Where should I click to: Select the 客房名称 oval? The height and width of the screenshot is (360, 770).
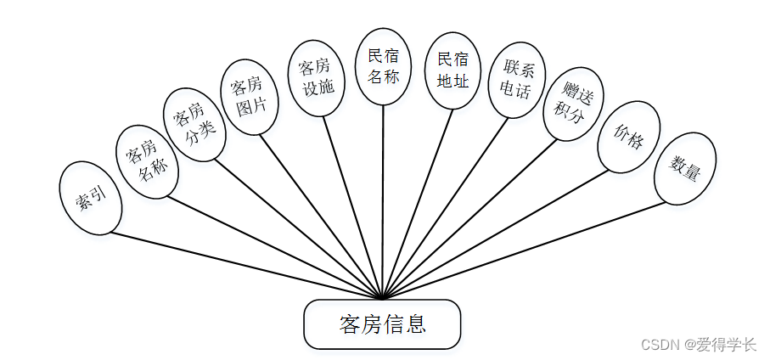[145, 161]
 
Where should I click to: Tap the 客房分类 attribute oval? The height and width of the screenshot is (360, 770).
[194, 125]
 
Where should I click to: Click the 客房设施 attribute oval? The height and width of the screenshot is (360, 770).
[317, 76]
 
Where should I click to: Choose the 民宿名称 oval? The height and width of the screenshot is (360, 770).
[383, 66]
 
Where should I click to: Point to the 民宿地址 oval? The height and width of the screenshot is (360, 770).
[452, 70]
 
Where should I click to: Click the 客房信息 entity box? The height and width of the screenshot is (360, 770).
[382, 324]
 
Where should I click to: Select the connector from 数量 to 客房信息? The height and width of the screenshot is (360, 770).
[526, 250]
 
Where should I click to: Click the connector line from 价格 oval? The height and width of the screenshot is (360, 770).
[501, 232]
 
